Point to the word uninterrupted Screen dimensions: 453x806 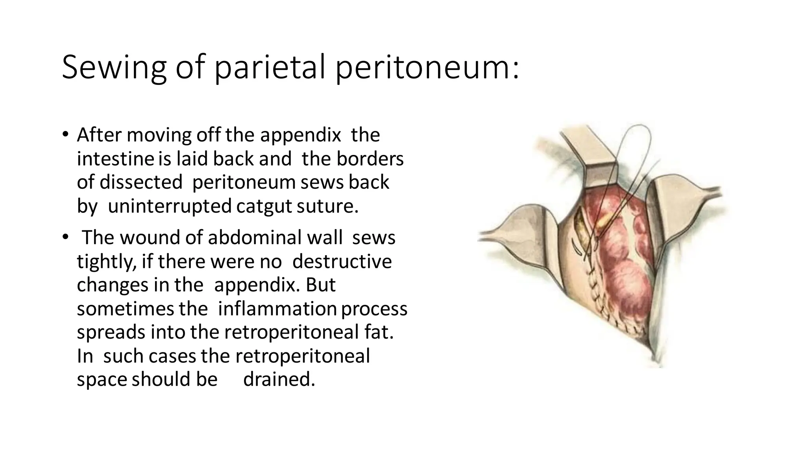[x=170, y=206]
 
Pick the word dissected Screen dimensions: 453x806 [x=141, y=182]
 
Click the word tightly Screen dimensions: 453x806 [x=106, y=261]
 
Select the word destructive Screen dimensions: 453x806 [x=342, y=261]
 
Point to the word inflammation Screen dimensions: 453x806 [x=277, y=308]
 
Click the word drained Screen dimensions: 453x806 [x=279, y=379]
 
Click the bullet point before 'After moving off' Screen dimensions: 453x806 [x=65, y=135]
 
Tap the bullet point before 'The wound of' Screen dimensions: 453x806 [x=65, y=237]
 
